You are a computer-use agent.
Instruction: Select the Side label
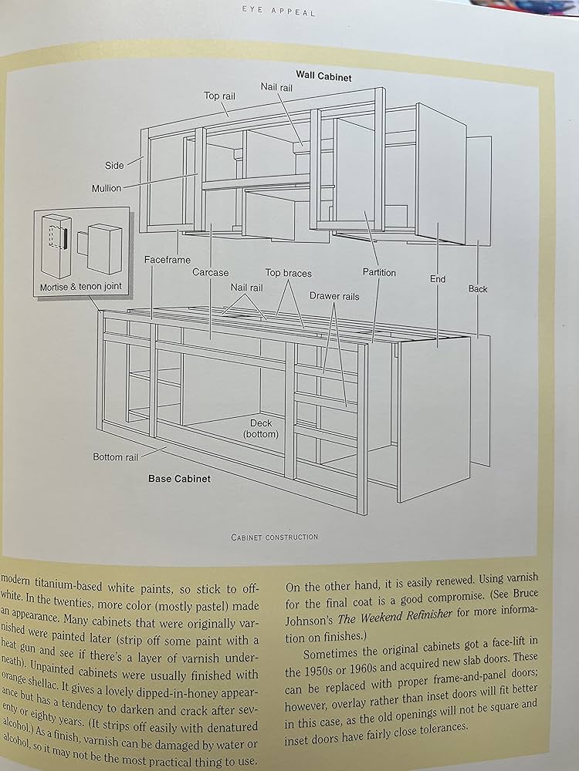(x=114, y=165)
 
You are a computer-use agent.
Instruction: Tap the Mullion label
(x=107, y=188)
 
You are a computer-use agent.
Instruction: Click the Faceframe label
(x=167, y=260)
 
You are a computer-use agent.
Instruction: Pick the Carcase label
(x=210, y=272)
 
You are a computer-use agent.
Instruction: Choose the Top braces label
(x=288, y=272)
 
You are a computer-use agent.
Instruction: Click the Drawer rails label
(x=334, y=295)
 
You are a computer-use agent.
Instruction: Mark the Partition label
(x=379, y=272)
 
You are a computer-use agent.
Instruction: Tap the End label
(x=438, y=279)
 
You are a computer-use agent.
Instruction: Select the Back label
(x=478, y=289)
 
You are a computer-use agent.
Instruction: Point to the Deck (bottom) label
(x=260, y=429)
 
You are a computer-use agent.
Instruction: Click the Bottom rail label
(x=116, y=457)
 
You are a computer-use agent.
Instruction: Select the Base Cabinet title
(x=179, y=478)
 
